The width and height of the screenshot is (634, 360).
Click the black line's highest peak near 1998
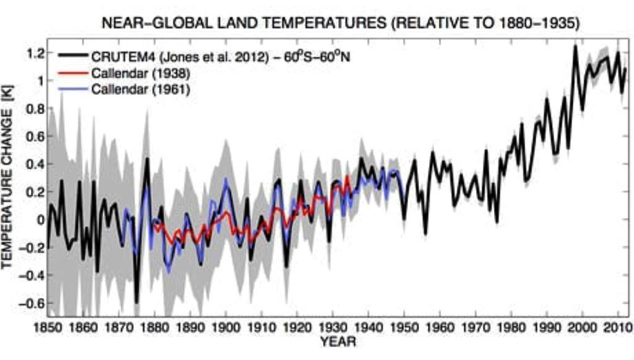click(575, 46)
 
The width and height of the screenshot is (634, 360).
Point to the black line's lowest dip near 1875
click(136, 302)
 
